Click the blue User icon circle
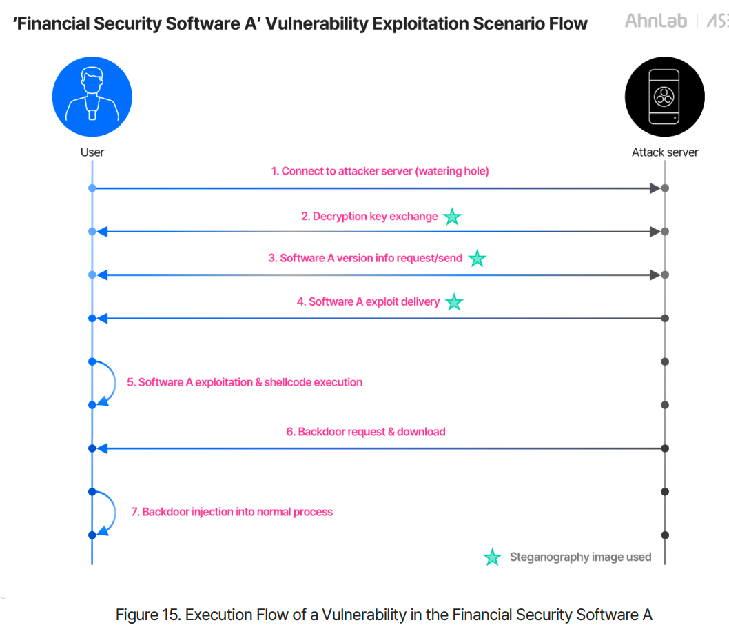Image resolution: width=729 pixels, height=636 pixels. coord(92,97)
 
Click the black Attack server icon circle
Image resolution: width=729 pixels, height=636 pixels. coord(665,97)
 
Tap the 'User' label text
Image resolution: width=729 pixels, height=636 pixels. coord(92,152)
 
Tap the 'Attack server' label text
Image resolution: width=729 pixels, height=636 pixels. coord(665,152)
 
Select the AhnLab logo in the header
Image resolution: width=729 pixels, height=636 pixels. coord(656,21)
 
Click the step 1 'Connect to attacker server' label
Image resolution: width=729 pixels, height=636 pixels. coord(380,171)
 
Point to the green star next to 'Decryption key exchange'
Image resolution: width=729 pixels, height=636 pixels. coord(452,217)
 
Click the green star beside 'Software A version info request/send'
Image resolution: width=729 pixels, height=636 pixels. coord(477,259)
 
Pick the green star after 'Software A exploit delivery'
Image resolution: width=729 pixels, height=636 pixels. coord(454,302)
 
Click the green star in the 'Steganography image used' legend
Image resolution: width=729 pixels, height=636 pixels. coord(493,557)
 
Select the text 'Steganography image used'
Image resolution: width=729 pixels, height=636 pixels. coord(580,557)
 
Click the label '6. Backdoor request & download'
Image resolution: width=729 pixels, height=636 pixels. coord(366,432)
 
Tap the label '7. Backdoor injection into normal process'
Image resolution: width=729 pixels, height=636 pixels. coord(232,512)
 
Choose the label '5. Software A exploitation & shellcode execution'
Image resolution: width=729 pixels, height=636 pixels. coord(245,382)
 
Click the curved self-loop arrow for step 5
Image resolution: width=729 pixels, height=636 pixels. coord(115,383)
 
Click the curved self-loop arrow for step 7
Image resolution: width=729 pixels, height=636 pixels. coord(115,513)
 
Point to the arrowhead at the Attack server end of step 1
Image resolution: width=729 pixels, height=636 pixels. coord(655,188)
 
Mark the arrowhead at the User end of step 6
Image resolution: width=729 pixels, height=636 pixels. coord(102,448)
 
